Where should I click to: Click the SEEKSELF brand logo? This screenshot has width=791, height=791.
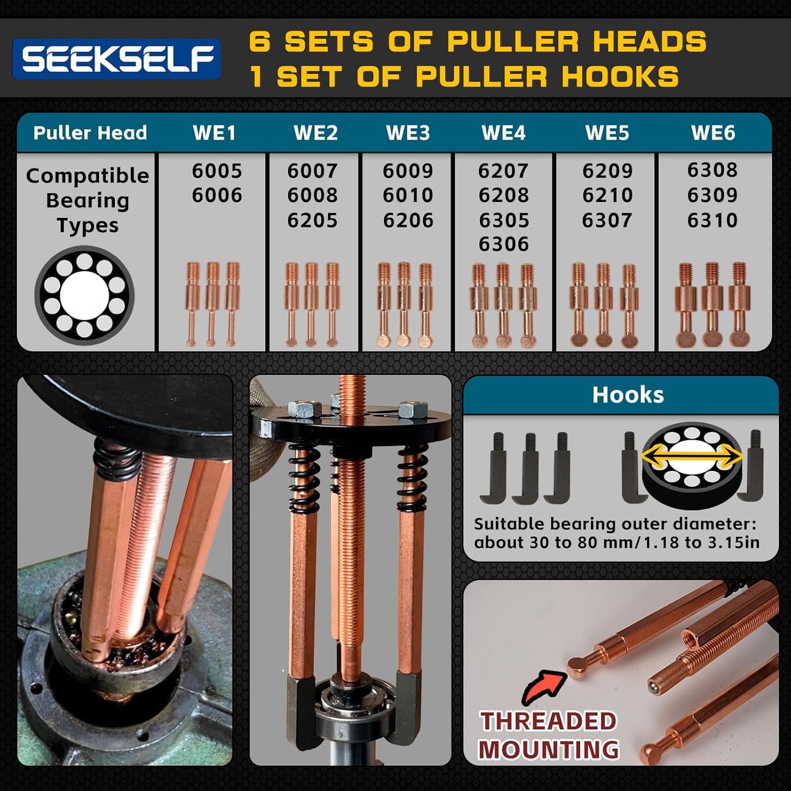click(117, 59)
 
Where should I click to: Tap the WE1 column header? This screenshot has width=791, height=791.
click(214, 133)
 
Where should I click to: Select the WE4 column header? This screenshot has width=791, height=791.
click(503, 133)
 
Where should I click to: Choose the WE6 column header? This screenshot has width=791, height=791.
click(713, 133)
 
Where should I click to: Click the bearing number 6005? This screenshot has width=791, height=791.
click(217, 171)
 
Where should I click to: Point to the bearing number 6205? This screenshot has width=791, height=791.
click(313, 221)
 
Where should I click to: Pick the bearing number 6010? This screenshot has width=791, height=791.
click(408, 195)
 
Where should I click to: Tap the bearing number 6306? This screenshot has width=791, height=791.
click(504, 244)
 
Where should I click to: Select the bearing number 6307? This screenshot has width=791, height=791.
click(607, 221)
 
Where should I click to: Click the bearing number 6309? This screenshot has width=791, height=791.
click(713, 195)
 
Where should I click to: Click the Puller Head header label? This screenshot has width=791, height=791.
click(90, 133)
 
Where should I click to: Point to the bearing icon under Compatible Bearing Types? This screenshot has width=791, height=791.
click(84, 296)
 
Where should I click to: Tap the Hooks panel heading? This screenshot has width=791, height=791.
click(628, 395)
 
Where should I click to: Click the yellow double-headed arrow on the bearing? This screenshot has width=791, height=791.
click(692, 457)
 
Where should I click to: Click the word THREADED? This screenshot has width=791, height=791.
click(548, 721)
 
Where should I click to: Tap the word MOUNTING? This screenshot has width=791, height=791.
click(548, 749)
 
